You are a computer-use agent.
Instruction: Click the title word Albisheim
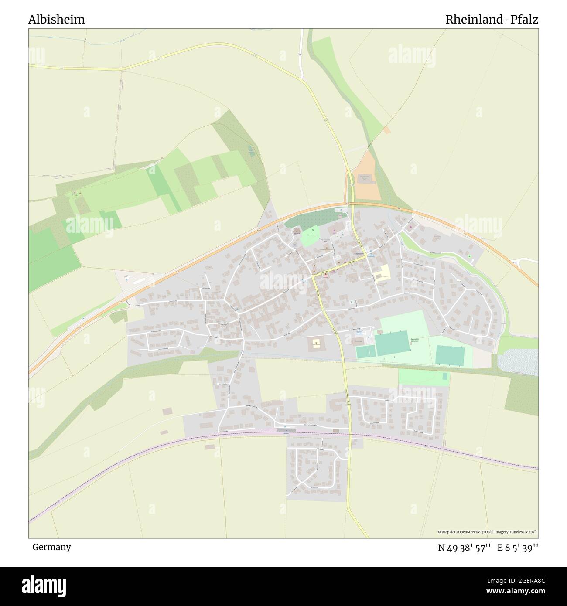click(x=57, y=20)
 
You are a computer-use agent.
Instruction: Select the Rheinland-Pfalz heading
click(x=492, y=20)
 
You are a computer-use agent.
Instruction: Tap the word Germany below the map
click(x=51, y=547)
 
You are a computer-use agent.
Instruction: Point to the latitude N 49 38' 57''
click(x=465, y=548)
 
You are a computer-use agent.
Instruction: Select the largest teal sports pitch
click(x=392, y=343)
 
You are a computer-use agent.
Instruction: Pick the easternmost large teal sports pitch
click(x=450, y=355)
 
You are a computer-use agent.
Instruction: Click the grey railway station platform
click(x=286, y=430)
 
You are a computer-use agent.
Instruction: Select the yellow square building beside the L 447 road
click(x=315, y=343)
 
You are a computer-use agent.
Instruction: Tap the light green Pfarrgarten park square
click(x=310, y=236)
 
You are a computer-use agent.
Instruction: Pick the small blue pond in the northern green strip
click(x=250, y=151)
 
